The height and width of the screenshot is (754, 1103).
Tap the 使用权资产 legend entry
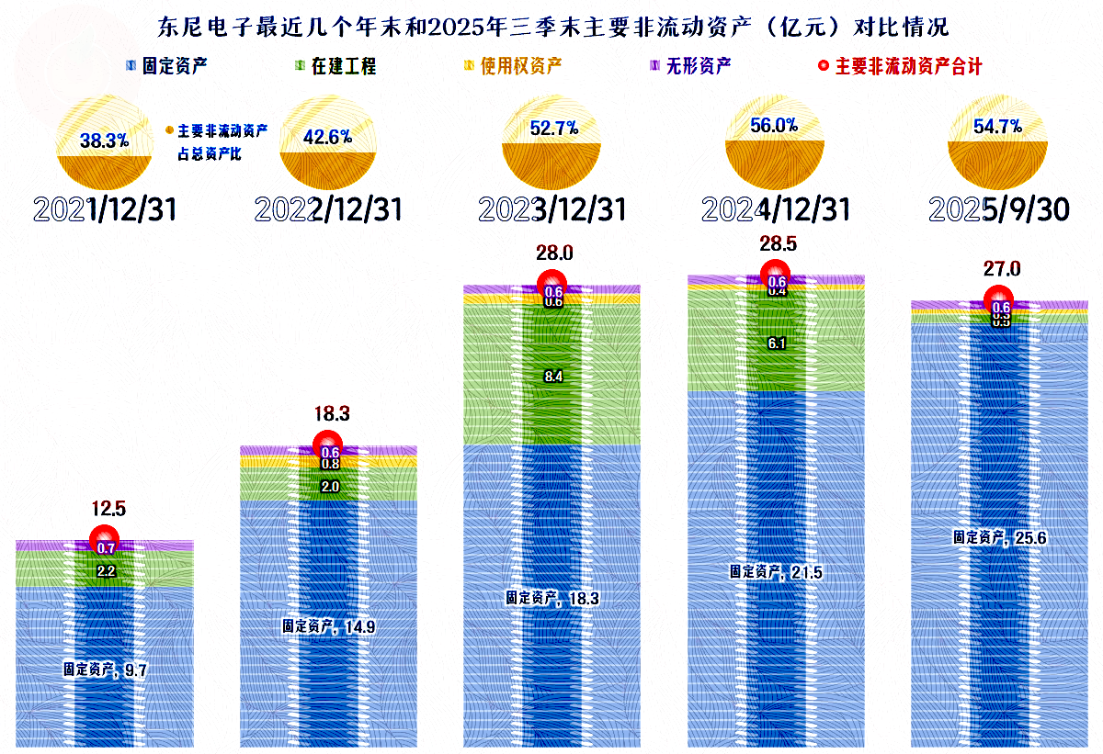point(514,66)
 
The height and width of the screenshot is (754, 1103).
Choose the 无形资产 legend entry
point(690,66)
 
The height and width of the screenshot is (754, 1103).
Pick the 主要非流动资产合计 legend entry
point(900,66)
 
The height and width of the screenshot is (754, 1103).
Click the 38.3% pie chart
point(104,141)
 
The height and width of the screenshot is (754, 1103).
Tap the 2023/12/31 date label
point(552,210)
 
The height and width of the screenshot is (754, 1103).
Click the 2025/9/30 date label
point(999,210)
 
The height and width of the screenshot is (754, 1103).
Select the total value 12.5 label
point(105,507)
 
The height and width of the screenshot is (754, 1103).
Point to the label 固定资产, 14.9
point(328,626)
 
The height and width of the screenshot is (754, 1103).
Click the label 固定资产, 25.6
point(999,537)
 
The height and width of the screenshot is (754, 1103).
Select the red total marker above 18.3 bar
point(328,445)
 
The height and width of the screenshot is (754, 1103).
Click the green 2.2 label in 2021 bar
point(105,571)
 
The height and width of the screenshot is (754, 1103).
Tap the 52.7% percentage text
point(553,129)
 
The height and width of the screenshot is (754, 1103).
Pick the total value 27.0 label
point(1000,269)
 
